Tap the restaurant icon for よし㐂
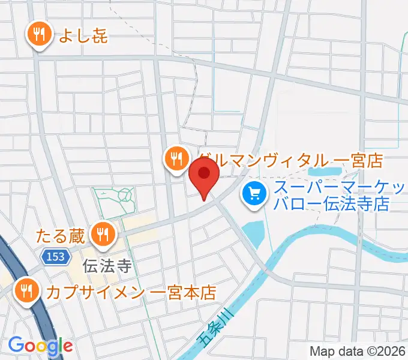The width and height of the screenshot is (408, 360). [40, 35]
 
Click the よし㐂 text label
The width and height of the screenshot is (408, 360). [83, 36]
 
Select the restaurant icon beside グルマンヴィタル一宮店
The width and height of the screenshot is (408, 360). [175, 158]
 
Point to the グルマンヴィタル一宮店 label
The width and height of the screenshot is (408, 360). [292, 160]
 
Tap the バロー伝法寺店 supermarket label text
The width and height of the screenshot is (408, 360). [331, 204]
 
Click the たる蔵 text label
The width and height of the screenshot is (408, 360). [59, 234]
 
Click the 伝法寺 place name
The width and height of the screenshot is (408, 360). [107, 265]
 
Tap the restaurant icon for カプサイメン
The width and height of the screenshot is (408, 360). [28, 291]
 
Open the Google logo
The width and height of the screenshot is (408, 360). [40, 346]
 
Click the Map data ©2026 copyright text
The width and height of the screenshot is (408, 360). [358, 351]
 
